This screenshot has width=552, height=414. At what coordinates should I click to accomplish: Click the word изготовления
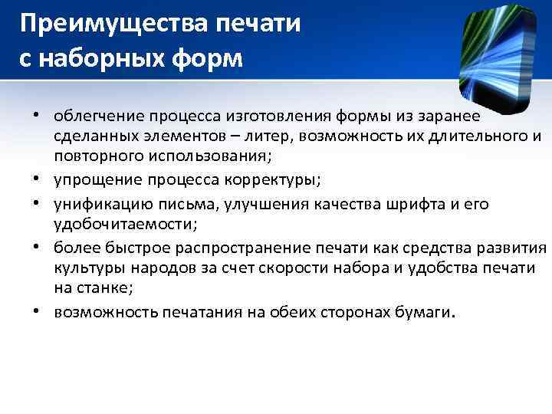click(278, 116)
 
